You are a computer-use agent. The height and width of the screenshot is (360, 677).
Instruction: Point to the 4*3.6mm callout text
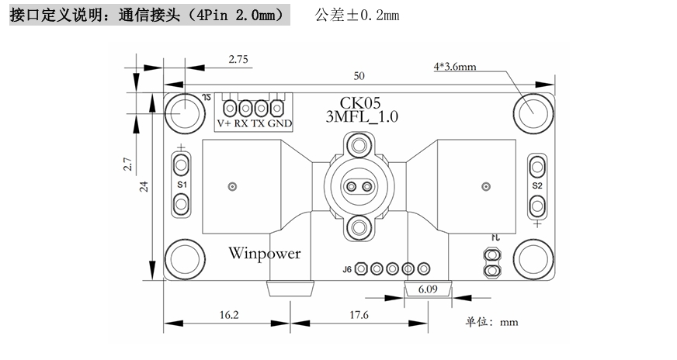coord(455,67)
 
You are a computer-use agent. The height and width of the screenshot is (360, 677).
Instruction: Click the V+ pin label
coord(224,124)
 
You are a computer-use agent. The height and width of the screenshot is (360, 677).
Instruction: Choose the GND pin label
coord(280,124)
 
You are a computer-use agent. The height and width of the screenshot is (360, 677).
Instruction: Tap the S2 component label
coord(537,186)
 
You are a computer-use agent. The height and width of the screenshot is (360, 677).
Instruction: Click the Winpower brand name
coord(265,253)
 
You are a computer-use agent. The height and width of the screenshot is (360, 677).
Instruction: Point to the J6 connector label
coord(347,269)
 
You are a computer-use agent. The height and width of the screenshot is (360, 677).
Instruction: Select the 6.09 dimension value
coord(429,289)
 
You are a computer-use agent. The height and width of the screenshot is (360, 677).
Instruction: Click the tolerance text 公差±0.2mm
coord(356,16)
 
